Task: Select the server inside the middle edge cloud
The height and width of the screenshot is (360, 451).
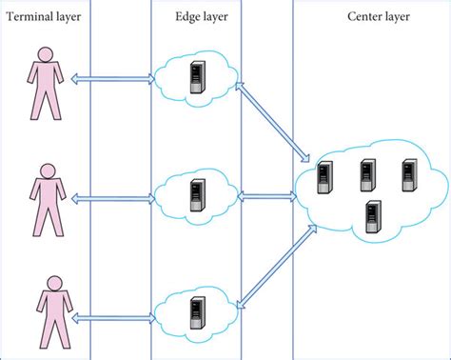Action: pyautogui.click(x=196, y=196)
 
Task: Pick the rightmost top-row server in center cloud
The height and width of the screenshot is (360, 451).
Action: pyautogui.click(x=409, y=174)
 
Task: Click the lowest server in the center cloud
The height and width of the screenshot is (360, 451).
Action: pyautogui.click(x=372, y=215)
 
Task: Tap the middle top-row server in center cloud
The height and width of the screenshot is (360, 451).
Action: pyautogui.click(x=367, y=174)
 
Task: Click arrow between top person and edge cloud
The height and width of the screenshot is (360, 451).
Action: pyautogui.click(x=112, y=81)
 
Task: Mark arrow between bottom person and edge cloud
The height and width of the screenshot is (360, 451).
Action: pyautogui.click(x=112, y=315)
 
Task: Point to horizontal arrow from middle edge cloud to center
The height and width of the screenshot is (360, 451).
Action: pyautogui.click(x=269, y=196)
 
